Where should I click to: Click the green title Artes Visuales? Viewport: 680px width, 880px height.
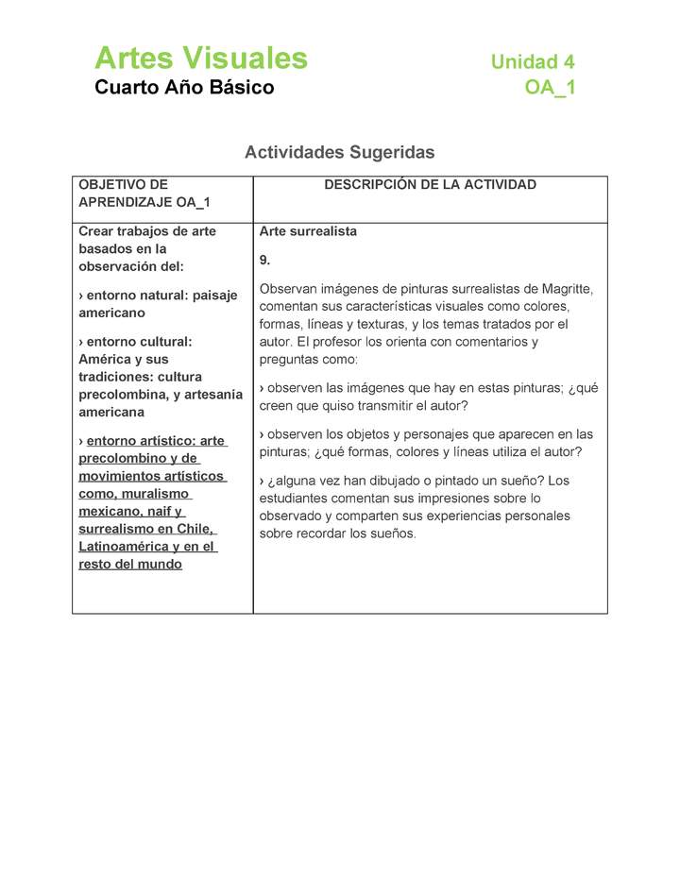click(x=200, y=59)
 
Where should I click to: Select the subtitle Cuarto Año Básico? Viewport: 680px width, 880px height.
click(x=184, y=88)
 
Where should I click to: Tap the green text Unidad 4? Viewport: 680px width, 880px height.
click(x=532, y=62)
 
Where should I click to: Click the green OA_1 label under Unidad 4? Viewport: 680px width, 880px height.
click(x=550, y=89)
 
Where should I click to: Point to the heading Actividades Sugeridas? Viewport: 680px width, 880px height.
click(x=339, y=152)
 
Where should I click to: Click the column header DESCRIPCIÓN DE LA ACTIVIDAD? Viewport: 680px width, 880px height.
click(x=430, y=185)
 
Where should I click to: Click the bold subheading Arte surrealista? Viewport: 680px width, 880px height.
click(x=308, y=232)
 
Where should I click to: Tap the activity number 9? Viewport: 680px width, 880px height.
click(x=264, y=260)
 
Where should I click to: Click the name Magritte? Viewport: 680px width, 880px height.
click(x=565, y=289)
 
